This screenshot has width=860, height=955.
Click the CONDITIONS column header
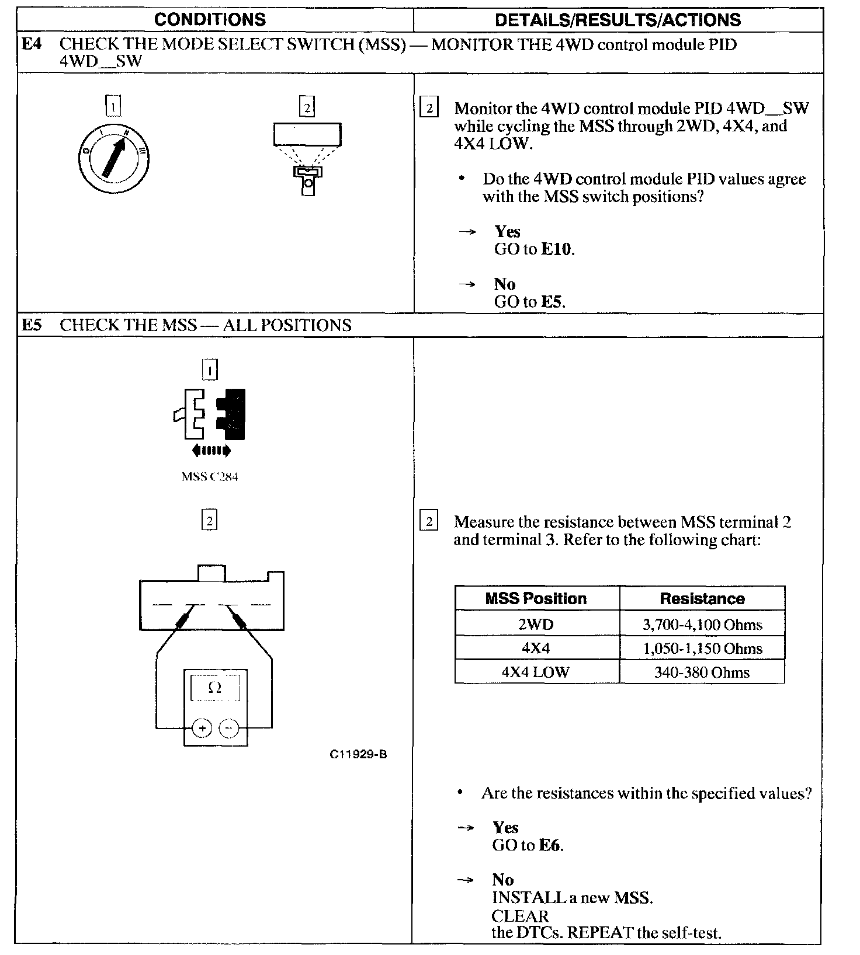(x=210, y=20)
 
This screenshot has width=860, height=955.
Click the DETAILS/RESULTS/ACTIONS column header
(x=618, y=20)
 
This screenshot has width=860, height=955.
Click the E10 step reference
(x=557, y=249)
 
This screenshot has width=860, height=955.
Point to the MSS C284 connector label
(x=210, y=476)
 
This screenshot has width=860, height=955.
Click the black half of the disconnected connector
(x=231, y=414)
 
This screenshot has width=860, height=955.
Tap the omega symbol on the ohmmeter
(x=215, y=688)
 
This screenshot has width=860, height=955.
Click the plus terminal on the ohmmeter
(x=202, y=728)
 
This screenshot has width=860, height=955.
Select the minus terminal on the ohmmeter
(x=229, y=728)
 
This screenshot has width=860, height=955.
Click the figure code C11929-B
(x=358, y=754)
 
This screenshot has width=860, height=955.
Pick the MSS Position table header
(x=536, y=598)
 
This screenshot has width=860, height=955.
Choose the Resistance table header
(x=702, y=598)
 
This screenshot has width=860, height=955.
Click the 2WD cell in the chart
(x=536, y=625)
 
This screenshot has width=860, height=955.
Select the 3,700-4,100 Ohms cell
(x=702, y=625)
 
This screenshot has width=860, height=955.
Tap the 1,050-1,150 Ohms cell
(x=702, y=649)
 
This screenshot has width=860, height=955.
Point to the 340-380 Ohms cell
(x=702, y=672)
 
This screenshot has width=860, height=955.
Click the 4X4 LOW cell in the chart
(x=536, y=672)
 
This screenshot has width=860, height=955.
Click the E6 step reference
(x=550, y=845)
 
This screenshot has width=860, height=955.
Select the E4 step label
(x=32, y=44)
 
